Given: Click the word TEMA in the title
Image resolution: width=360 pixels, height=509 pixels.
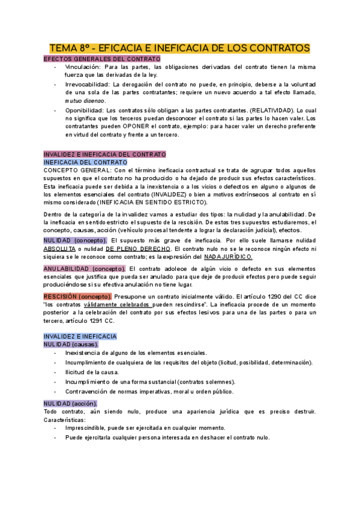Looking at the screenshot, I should [x=62, y=47].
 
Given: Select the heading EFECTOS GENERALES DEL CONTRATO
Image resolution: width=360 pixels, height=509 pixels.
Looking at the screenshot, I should [x=103, y=59].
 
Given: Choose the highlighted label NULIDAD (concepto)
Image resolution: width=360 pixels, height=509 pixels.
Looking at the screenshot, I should [x=76, y=223].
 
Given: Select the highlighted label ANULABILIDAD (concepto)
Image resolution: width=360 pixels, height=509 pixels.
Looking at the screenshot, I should [x=85, y=251].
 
